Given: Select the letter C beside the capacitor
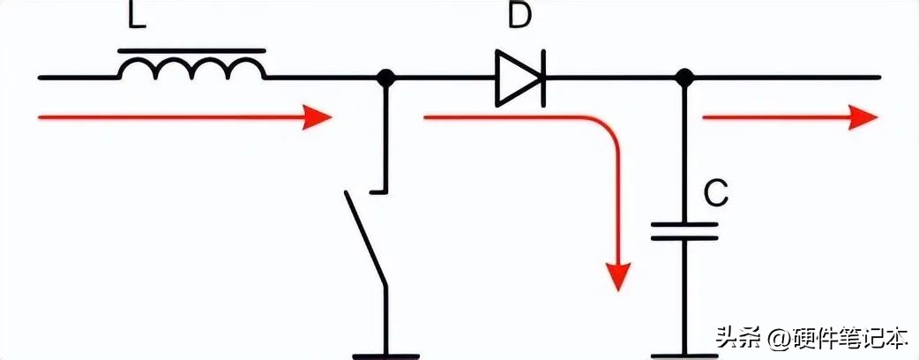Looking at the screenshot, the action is click(715, 193).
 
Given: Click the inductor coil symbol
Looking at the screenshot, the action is click(191, 69).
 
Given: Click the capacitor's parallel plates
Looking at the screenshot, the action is click(684, 231).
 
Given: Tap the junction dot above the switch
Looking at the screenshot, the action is click(385, 77).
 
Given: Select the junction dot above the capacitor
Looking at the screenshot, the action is click(684, 77).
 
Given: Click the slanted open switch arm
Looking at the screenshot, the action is click(365, 238).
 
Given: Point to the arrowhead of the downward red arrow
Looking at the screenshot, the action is click(617, 276).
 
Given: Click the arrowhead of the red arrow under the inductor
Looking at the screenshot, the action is click(318, 117).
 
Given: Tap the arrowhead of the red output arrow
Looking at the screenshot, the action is click(863, 117).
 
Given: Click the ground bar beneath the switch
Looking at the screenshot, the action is click(385, 356).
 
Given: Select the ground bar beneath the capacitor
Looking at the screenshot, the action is click(684, 356).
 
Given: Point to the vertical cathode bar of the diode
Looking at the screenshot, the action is click(543, 78).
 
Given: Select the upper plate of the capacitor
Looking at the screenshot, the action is click(684, 224).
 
